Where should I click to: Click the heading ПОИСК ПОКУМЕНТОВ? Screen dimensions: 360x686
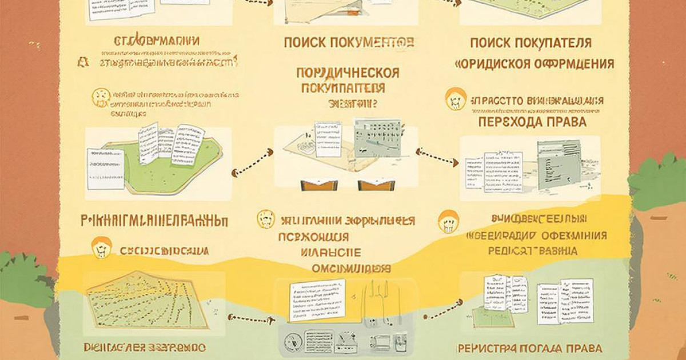(x=348, y=42)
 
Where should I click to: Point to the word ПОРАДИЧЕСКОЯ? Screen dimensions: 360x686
(x=348, y=73)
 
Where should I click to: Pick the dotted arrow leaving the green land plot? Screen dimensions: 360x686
(x=252, y=162)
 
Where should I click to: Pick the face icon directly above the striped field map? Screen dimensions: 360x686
(x=101, y=248)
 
